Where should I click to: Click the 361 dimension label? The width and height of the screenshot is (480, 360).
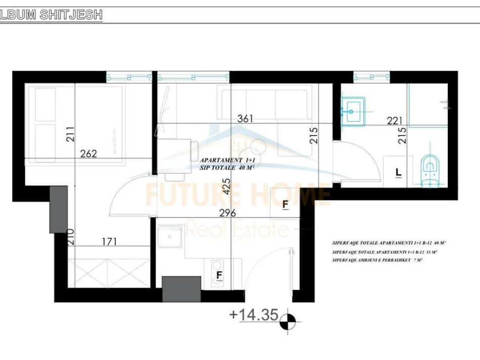point(246,119)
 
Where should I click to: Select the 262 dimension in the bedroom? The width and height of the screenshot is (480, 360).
point(88,154)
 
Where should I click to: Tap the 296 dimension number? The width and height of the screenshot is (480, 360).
point(228,213)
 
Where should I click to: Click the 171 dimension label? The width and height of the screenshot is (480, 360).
point(109,242)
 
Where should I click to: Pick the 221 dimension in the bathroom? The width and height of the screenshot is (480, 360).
point(394,120)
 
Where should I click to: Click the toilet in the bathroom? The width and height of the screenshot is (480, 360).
point(430,169)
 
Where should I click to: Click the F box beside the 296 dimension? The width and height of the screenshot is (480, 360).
point(285,204)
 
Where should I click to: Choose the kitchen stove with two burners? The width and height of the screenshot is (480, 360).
point(218,268)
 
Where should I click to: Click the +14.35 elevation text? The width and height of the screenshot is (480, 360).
point(254,314)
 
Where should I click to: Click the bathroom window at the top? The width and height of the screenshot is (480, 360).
point(372,77)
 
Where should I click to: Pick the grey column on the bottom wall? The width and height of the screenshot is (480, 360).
point(181,289)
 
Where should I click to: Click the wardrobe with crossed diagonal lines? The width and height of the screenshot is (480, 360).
point(109,273)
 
